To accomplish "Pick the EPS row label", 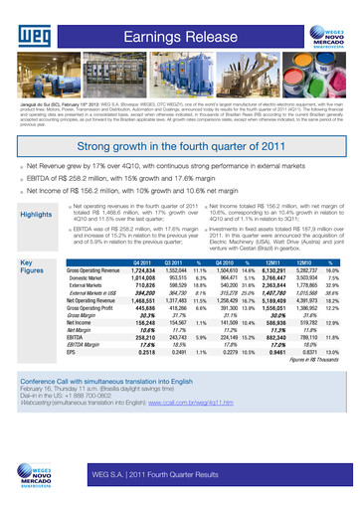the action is tap(73, 352).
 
